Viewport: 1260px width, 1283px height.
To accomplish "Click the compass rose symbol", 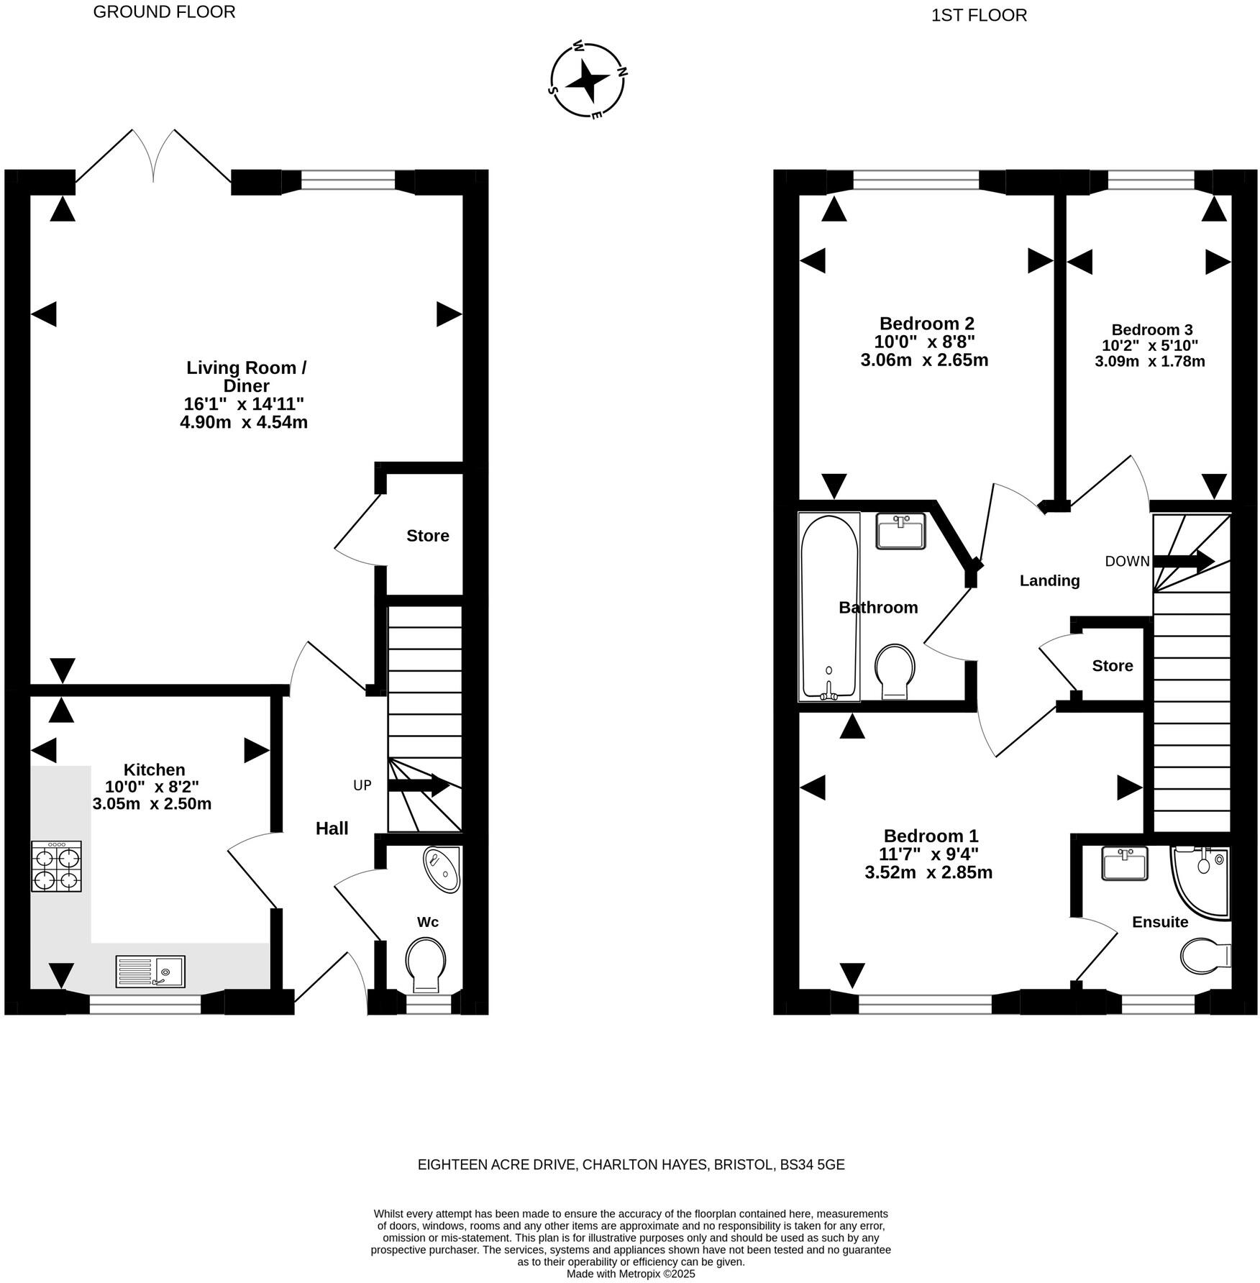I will pyautogui.click(x=588, y=81).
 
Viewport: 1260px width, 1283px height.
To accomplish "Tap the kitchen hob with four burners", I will pyautogui.click(x=56, y=866).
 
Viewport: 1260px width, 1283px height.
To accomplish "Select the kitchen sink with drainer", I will pyautogui.click(x=150, y=971).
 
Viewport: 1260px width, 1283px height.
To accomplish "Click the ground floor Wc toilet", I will pyautogui.click(x=426, y=963).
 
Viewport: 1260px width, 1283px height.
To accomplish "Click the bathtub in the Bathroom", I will pyautogui.click(x=829, y=607).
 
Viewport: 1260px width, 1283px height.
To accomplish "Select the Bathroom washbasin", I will pyautogui.click(x=900, y=531).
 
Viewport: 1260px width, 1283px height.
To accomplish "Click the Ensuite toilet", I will pyautogui.click(x=1205, y=955).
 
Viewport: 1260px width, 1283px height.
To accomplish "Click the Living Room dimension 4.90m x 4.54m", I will pyautogui.click(x=244, y=422).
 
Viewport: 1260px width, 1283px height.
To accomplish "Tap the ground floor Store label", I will pyautogui.click(x=427, y=536).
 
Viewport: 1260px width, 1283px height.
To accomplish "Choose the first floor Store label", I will pyautogui.click(x=1112, y=666).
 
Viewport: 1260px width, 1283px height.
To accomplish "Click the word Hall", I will pyautogui.click(x=332, y=828).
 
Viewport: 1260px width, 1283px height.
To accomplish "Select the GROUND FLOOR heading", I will pyautogui.click(x=164, y=12).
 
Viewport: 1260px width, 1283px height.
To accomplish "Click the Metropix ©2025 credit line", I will pyautogui.click(x=631, y=1273).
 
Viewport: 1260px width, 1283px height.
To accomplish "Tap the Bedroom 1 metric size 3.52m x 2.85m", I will pyautogui.click(x=928, y=873).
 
